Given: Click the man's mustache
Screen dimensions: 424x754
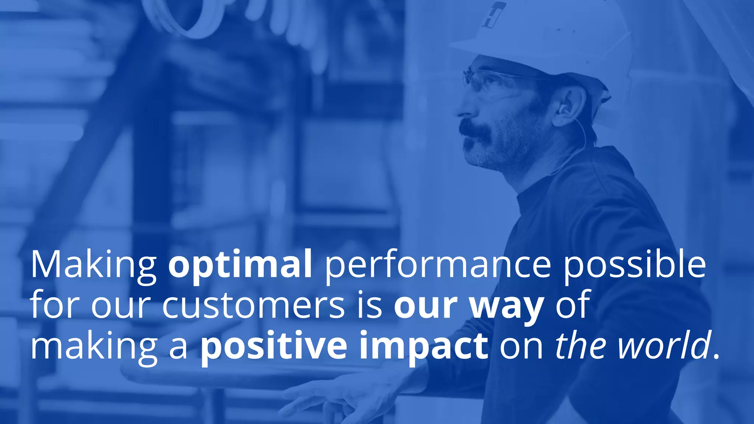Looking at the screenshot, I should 477,131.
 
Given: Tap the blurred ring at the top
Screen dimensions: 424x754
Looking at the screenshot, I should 180,17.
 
